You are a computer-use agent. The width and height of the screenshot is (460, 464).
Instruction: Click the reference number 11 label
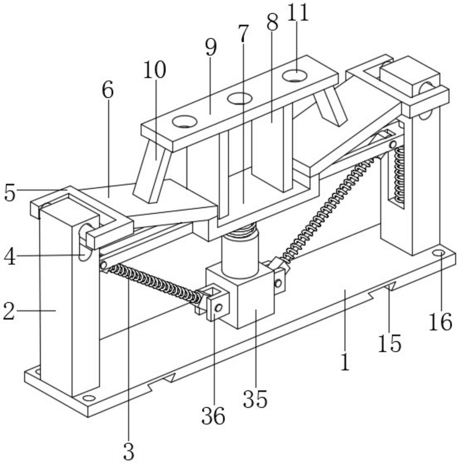pyautogui.click(x=298, y=12)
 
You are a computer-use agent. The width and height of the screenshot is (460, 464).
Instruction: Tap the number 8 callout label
pyautogui.click(x=272, y=22)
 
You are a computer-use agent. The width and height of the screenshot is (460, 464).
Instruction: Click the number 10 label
pyautogui.click(x=154, y=70)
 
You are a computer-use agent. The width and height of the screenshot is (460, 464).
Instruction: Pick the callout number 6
pyautogui.click(x=108, y=90)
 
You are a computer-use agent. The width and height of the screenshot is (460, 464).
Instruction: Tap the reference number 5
pyautogui.click(x=10, y=193)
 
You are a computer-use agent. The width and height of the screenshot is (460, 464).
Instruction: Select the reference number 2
pyautogui.click(x=9, y=311)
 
